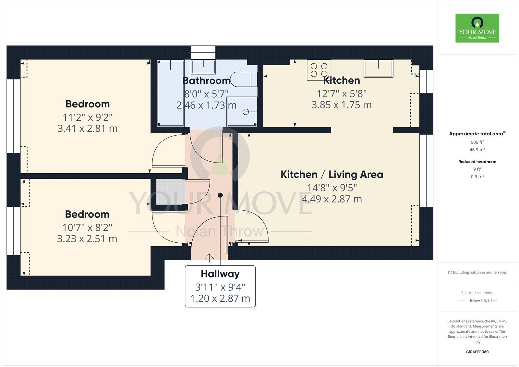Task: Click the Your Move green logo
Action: tap(477, 28)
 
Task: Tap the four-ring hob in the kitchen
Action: tap(319, 70)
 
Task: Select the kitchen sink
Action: tap(378, 68)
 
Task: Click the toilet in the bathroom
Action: tap(244, 79)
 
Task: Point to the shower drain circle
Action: tap(246, 112)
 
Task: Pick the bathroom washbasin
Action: tap(203, 67)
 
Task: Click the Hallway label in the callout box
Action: tap(220, 274)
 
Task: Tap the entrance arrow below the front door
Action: tap(209, 258)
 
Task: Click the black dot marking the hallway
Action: tap(220, 195)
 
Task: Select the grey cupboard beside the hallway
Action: tap(171, 192)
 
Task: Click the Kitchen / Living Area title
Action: tap(332, 175)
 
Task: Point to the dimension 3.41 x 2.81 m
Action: tap(88, 128)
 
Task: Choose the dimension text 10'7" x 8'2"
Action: tap(87, 227)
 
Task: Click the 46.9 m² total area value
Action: tap(477, 150)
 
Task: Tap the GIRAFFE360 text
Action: tap(477, 352)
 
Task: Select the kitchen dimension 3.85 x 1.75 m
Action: tap(342, 105)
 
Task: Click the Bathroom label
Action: tap(206, 81)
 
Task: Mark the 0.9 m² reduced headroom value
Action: tap(477, 177)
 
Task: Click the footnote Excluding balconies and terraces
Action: tap(477, 272)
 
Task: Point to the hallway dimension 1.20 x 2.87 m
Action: tap(220, 299)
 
